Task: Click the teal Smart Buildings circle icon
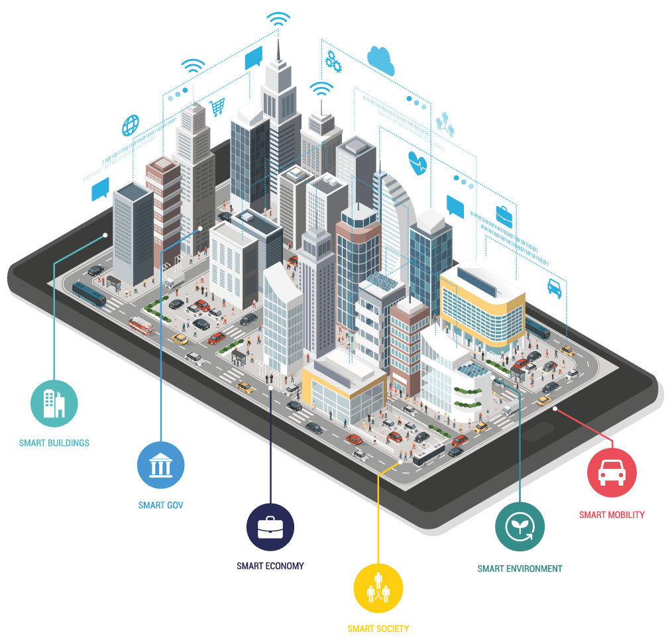[54, 403]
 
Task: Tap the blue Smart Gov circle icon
[161, 465]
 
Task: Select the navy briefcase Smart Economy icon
[270, 527]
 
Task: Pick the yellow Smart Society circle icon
[379, 588]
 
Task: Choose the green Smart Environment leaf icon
[520, 527]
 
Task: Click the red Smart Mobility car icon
[612, 473]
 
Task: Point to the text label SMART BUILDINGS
[54, 443]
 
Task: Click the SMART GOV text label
[161, 506]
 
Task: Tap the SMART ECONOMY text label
[270, 566]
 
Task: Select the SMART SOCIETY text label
[378, 628]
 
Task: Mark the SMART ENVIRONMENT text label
[520, 568]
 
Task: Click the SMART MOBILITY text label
[612, 514]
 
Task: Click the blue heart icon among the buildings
[418, 163]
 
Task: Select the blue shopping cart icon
[217, 106]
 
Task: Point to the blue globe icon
[131, 125]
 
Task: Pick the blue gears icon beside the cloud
[333, 62]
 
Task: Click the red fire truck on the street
[141, 325]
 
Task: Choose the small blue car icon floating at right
[554, 287]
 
